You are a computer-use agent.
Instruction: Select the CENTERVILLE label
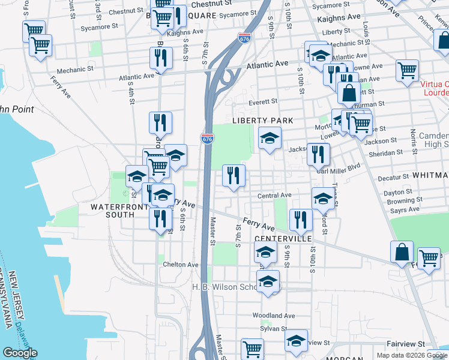283,238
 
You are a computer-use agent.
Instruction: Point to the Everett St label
263,102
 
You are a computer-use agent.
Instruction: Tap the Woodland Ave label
274,316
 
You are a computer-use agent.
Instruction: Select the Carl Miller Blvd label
338,166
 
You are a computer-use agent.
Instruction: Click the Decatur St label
393,178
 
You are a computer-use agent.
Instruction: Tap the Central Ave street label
274,196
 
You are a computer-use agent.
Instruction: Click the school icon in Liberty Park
270,138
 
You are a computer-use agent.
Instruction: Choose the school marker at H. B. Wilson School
268,281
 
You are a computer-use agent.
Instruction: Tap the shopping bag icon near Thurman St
349,93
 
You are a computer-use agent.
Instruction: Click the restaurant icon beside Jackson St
318,154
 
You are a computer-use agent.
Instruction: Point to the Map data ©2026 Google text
412,355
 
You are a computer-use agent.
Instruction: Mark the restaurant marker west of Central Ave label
234,175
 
